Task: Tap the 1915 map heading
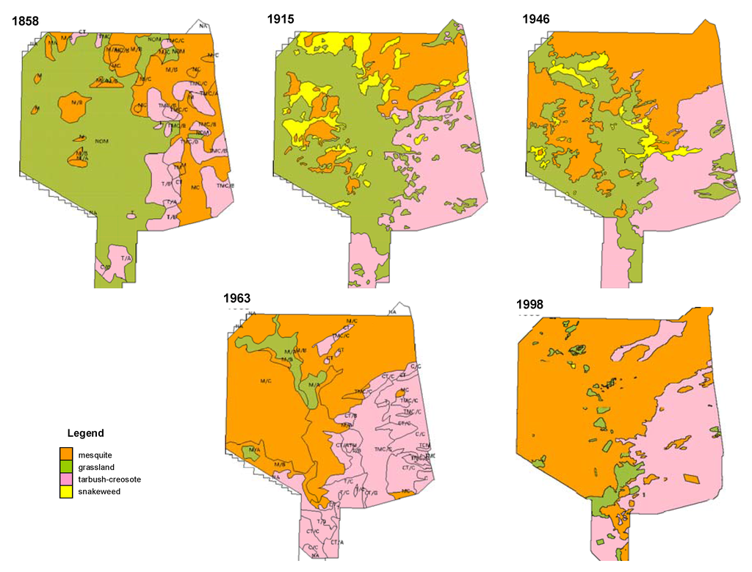(281, 19)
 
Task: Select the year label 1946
(536, 19)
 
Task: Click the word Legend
(85, 432)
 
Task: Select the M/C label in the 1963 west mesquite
(266, 381)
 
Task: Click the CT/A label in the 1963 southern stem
(337, 542)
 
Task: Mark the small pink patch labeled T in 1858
(131, 214)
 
